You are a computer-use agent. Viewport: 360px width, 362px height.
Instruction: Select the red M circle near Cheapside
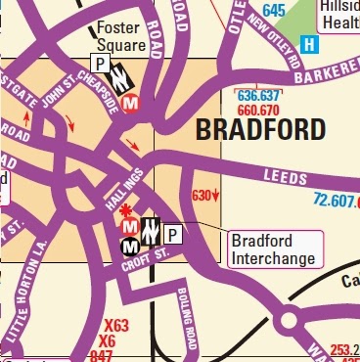point(131,100)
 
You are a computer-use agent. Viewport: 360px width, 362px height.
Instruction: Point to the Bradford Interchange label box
point(273,249)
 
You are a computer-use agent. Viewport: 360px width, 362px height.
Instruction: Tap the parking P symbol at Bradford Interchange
point(172,234)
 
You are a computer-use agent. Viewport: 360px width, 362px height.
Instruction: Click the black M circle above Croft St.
point(128,248)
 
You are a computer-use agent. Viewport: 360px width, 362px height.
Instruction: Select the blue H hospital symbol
point(309,44)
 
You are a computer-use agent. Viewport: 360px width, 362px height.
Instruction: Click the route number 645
point(275,11)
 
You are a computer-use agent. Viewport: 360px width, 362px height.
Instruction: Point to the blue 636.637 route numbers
point(258,96)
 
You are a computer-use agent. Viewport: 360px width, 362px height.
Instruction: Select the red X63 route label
point(115,325)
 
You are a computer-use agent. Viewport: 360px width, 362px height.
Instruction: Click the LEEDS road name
point(285,177)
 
